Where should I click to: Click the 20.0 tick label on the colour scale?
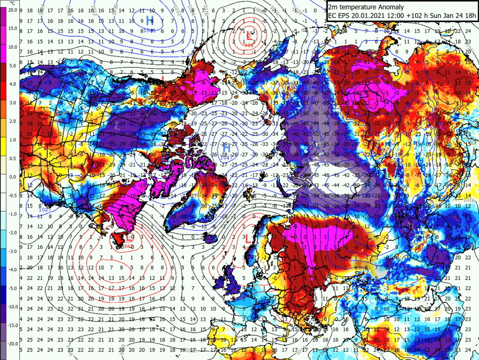coord(12,10)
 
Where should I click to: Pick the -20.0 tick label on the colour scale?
coord(12,343)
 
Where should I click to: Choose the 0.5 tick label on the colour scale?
coord(12,158)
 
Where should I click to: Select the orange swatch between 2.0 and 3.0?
coord(3,112)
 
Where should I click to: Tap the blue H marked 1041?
coord(150,20)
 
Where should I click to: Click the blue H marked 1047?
coord(227,148)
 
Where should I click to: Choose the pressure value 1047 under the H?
coord(227,157)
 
